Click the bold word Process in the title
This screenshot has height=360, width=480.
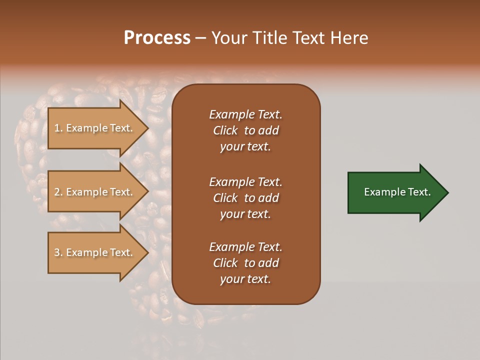(157, 38)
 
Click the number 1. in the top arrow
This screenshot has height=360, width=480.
(58, 128)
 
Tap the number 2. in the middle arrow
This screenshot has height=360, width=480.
(58, 192)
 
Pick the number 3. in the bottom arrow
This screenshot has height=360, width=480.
(58, 252)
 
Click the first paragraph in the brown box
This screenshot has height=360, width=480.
(245, 130)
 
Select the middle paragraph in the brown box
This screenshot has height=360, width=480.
(245, 198)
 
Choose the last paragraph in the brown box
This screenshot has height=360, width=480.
(245, 263)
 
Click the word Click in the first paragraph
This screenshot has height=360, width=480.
(225, 130)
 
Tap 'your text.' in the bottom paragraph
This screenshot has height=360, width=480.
(245, 279)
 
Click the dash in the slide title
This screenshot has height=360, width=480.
(200, 38)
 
